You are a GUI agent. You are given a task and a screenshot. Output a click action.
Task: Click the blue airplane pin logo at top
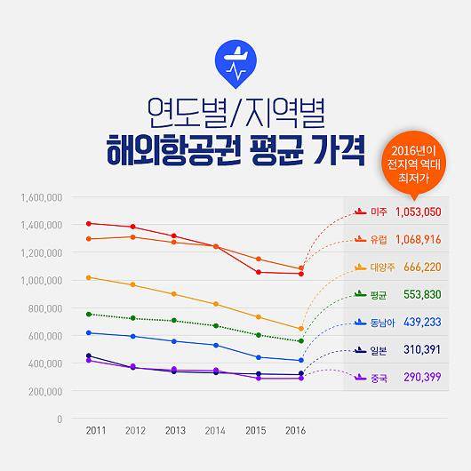pos(235,60)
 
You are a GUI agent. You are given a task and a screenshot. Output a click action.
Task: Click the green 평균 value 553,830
pos(422,295)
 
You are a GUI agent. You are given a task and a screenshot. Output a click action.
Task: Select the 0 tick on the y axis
pos(59,419)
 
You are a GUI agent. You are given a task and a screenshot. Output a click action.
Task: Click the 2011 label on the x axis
pos(96,432)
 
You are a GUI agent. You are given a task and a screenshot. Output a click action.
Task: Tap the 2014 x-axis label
pos(216,432)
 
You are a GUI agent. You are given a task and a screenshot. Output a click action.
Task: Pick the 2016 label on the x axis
pos(296,432)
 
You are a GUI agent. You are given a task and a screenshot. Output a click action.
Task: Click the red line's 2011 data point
pos(88,223)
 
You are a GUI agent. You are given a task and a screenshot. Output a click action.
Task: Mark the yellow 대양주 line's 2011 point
pos(88,277)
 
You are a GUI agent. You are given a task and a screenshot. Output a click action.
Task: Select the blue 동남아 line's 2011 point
pos(88,332)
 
